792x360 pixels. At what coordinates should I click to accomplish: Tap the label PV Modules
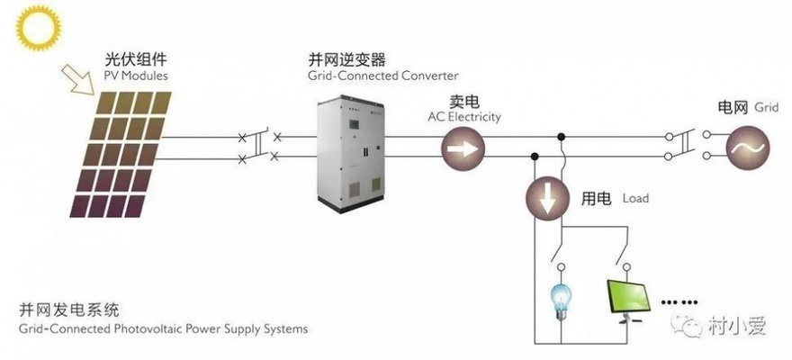pos(136,76)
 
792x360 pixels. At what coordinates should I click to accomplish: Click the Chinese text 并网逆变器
pos(346,59)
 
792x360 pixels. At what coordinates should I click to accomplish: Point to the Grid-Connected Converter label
pos(383,76)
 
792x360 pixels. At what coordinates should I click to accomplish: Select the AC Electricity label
pos(463,117)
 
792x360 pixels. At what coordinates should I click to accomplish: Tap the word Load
pos(635,197)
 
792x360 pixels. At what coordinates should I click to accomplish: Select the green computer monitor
pos(627,301)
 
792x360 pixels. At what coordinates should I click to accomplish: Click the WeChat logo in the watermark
pos(692,324)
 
